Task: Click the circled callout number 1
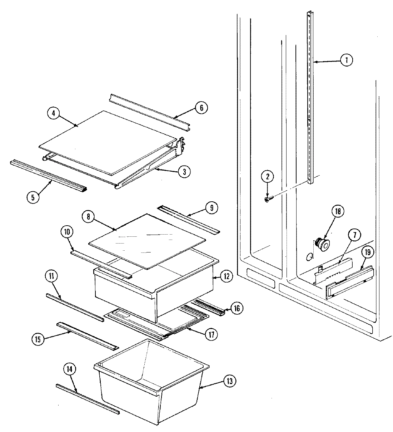[x=345, y=60]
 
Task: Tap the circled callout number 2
[x=268, y=176]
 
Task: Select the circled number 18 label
[x=337, y=211]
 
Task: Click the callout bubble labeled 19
[x=368, y=252]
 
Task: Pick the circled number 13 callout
[x=229, y=381]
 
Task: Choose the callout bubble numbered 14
[x=70, y=369]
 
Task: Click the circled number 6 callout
[x=201, y=108]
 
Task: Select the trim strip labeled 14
[x=88, y=399]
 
